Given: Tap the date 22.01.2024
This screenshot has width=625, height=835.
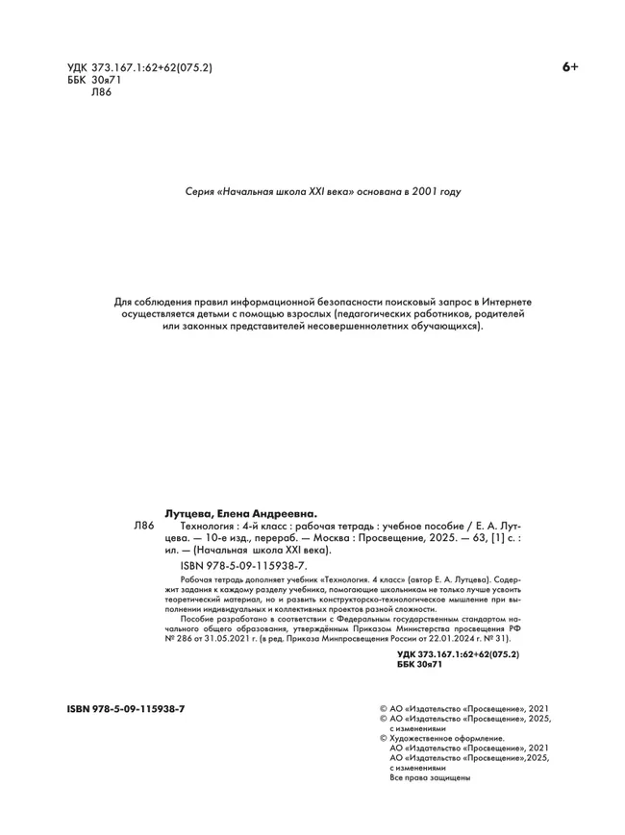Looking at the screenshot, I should coord(467,637).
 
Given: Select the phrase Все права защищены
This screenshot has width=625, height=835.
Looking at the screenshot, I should coord(430,777).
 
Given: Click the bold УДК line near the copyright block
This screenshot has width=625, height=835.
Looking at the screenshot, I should coord(457,653).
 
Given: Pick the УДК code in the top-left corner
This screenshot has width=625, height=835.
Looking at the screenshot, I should coord(139,68).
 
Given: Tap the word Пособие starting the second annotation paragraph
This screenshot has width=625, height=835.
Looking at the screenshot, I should coord(197,620).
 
